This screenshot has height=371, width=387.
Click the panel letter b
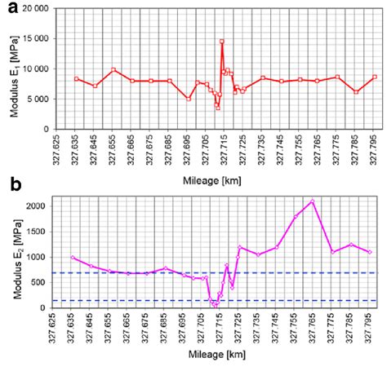8,187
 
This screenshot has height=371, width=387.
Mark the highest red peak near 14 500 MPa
221,41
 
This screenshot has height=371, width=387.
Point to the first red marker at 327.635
76,79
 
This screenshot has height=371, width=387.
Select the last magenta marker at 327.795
370,252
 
